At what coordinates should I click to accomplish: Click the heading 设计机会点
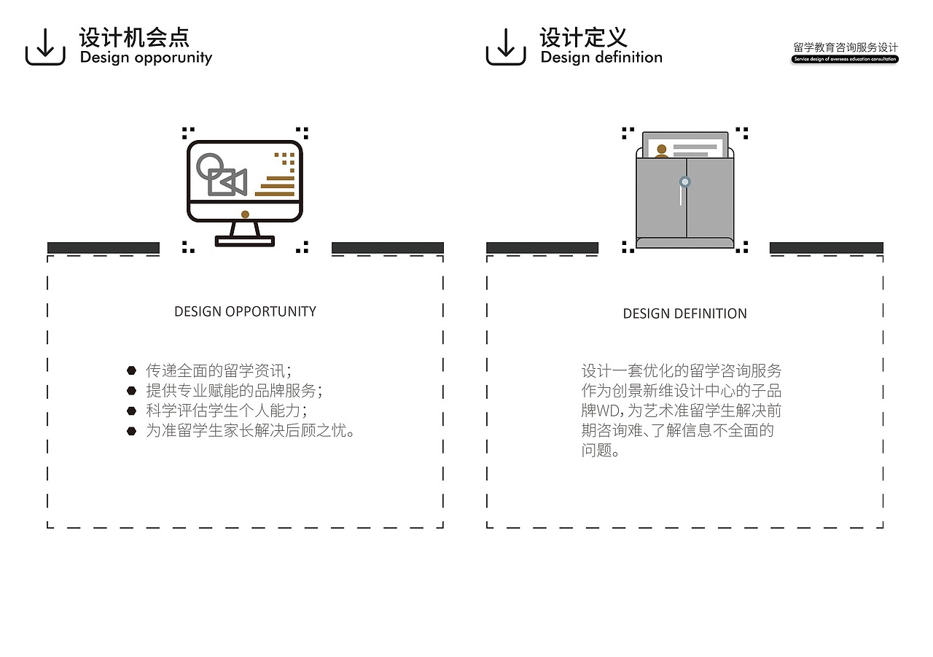134,37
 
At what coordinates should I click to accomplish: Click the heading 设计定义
582,37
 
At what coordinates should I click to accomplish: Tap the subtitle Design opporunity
146,58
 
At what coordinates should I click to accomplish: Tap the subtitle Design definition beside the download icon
601,58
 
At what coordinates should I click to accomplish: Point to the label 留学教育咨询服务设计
846,47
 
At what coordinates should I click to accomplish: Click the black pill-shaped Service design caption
845,59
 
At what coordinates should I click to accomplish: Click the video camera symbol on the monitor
227,182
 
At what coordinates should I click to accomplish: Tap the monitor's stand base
245,241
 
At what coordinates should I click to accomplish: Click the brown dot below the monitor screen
245,214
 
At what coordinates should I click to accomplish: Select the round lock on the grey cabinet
684,182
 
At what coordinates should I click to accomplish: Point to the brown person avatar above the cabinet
661,151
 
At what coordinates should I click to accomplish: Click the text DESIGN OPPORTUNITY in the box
245,311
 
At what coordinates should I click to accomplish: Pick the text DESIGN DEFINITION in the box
684,314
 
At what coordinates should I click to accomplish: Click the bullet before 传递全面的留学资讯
131,370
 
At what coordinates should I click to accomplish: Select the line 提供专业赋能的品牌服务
233,390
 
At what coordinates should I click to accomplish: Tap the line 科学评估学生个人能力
226,410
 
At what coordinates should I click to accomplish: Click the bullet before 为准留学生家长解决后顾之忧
131,431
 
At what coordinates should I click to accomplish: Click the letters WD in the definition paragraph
609,411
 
